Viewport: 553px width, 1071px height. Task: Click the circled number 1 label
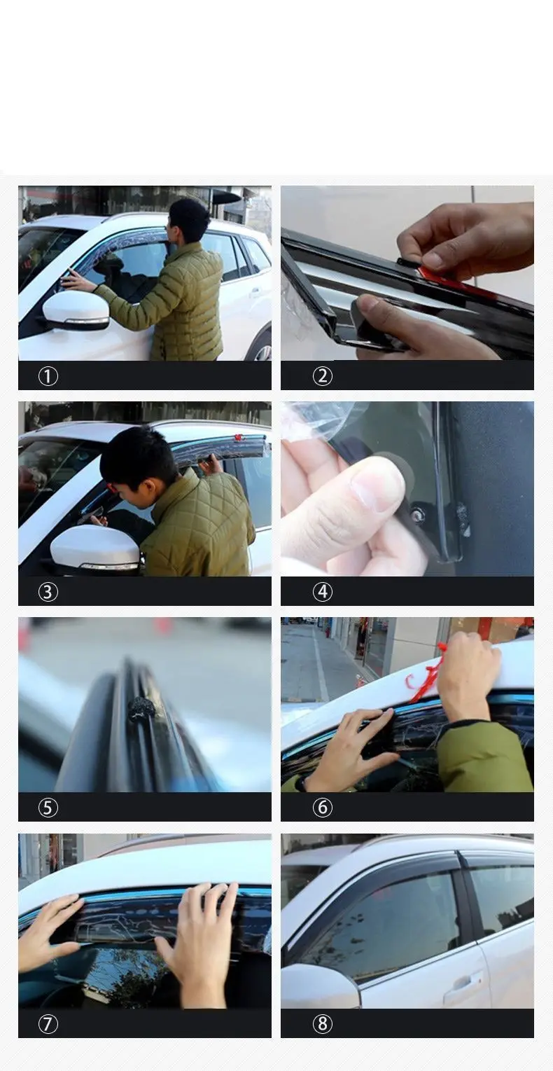tap(48, 376)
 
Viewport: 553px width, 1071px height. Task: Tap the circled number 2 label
tap(323, 376)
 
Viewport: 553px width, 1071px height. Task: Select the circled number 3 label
tap(48, 591)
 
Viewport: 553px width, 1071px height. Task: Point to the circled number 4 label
tap(323, 591)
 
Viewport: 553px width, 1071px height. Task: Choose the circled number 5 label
tap(48, 808)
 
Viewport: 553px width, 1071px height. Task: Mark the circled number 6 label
tap(323, 808)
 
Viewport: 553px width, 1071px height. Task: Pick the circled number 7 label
tap(48, 1023)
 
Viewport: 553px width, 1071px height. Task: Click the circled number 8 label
tap(323, 1023)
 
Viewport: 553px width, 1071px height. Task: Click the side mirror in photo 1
tap(76, 310)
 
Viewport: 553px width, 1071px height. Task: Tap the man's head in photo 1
tap(189, 221)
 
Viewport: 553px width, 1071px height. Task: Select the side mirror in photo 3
tap(96, 550)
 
